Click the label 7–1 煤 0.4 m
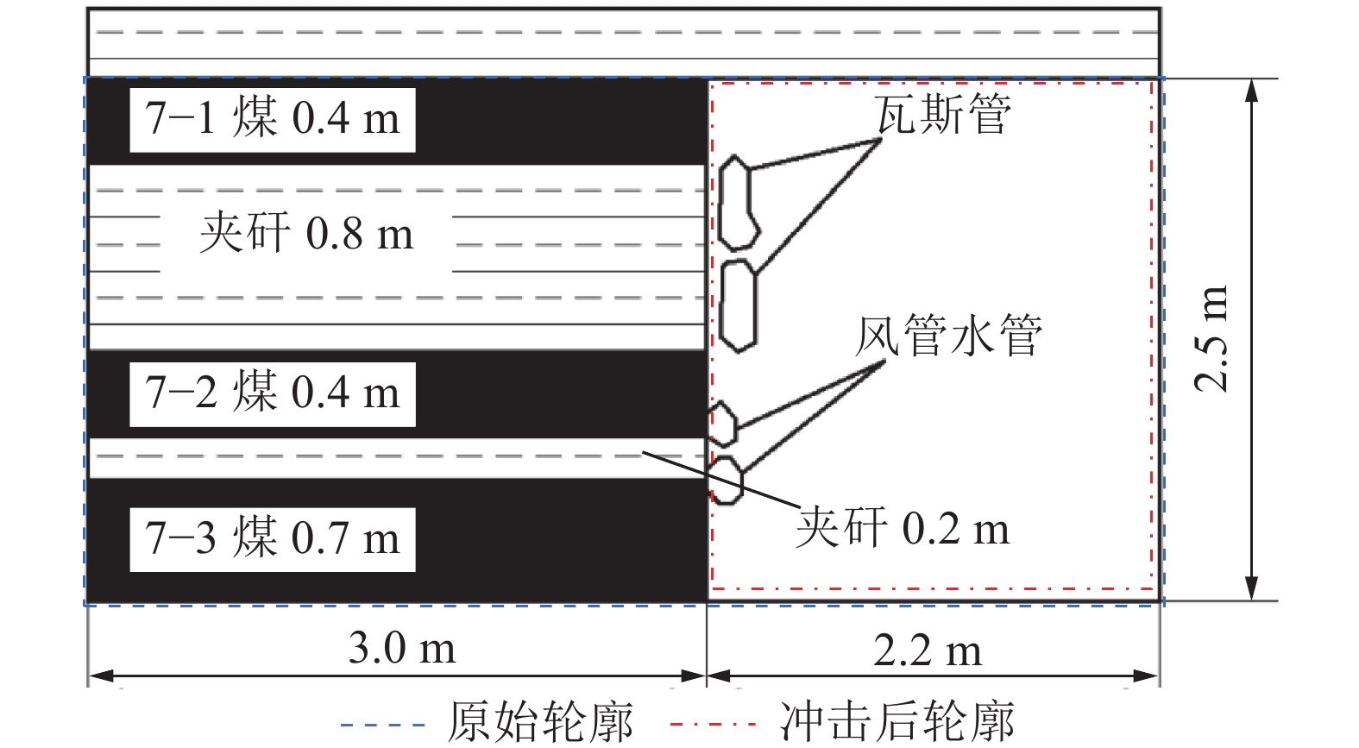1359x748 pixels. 273,119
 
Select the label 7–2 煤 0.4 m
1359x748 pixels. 273,393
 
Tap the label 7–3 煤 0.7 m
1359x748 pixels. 273,538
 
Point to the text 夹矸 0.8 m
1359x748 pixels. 306,234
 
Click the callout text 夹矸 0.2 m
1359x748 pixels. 903,528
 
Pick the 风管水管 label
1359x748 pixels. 949,336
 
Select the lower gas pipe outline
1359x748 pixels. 738,306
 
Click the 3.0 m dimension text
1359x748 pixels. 401,648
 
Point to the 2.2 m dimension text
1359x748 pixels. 927,651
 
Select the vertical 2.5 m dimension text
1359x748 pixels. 1211,338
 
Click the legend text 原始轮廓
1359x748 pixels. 540,722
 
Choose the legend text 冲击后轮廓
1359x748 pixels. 897,722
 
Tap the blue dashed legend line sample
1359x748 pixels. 383,725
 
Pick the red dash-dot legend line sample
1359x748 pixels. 713,725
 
